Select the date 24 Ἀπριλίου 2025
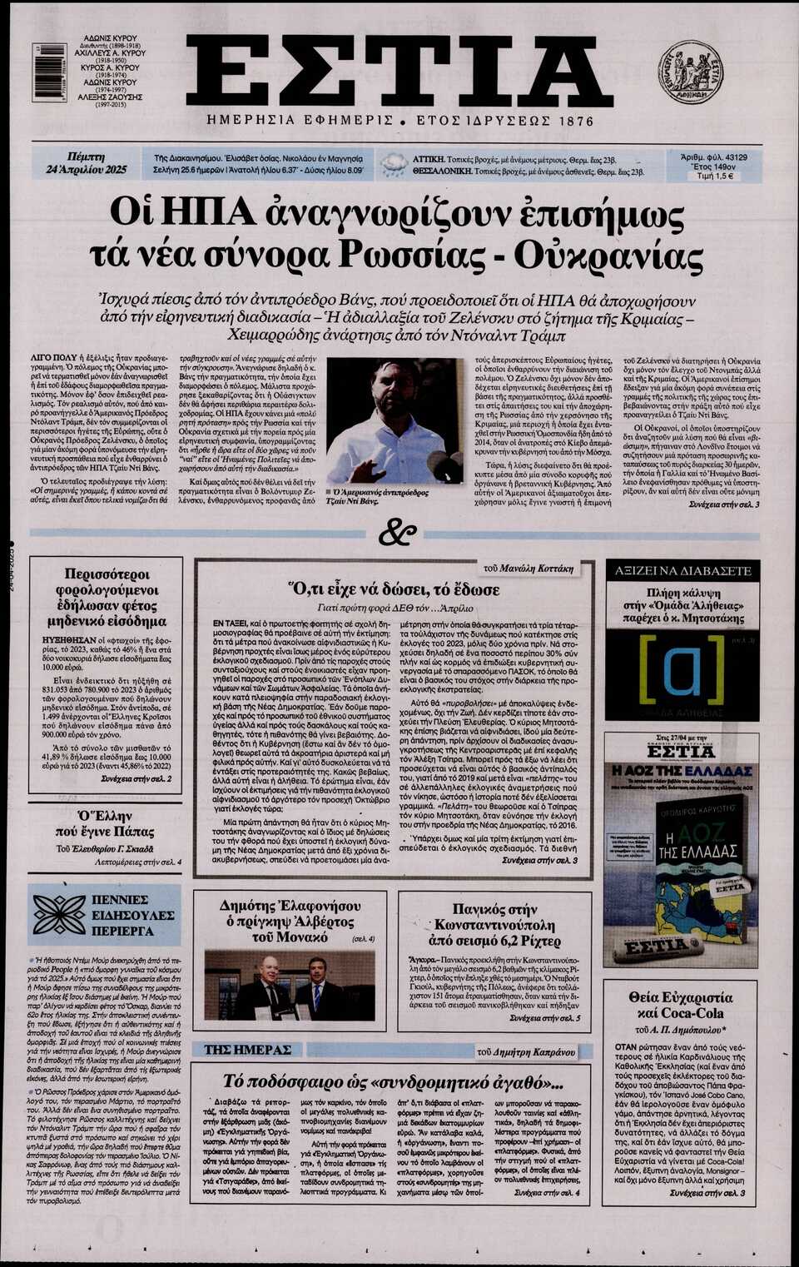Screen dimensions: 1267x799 tap(86, 170)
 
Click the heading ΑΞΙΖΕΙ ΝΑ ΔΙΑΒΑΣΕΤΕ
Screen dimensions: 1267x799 tap(682, 571)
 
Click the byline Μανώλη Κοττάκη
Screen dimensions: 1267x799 tap(538, 569)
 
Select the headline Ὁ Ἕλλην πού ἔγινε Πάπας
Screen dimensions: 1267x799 tap(105, 822)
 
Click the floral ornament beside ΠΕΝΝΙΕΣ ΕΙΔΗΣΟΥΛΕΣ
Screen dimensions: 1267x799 tap(58, 914)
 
